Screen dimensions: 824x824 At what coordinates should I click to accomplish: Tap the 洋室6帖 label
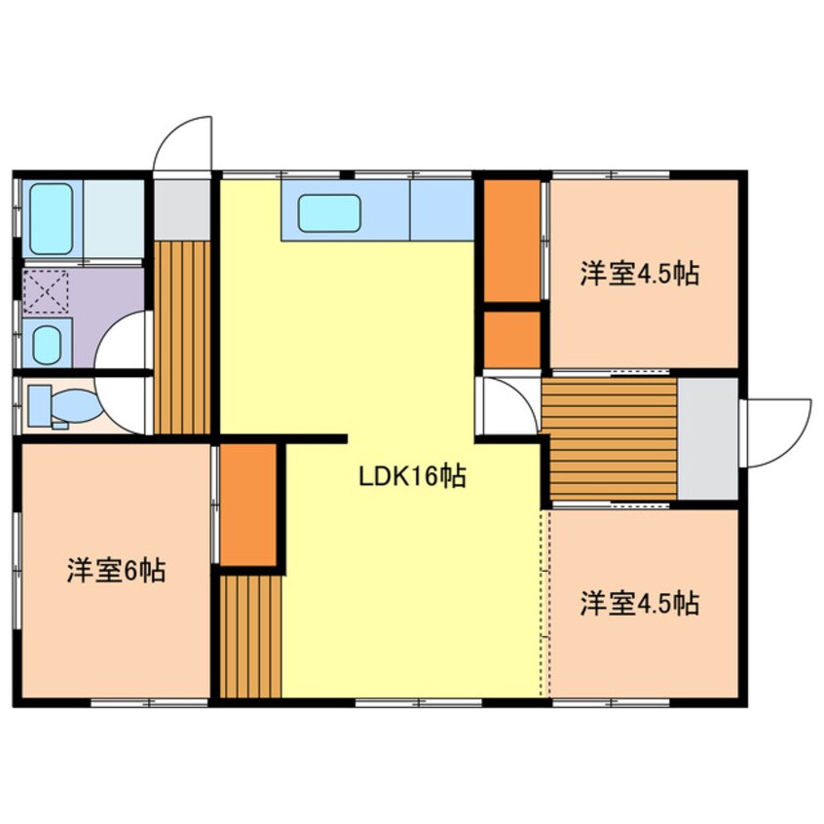116,570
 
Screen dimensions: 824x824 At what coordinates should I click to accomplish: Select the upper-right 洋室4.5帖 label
640,274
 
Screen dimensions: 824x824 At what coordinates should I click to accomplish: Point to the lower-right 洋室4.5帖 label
640,603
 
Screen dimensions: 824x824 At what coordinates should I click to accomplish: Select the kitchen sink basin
330,213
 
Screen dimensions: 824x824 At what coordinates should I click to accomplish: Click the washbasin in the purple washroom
47,343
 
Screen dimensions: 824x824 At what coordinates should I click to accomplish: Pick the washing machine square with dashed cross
46,291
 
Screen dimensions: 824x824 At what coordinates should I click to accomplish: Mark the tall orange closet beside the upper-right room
511,240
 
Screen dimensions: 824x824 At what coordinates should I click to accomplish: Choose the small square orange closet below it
511,339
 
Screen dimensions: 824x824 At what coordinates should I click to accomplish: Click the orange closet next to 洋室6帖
249,505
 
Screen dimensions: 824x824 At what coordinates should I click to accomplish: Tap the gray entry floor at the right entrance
707,438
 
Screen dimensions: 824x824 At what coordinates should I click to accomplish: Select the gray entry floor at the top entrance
182,208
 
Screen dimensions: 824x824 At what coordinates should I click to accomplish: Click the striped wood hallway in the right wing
609,438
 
